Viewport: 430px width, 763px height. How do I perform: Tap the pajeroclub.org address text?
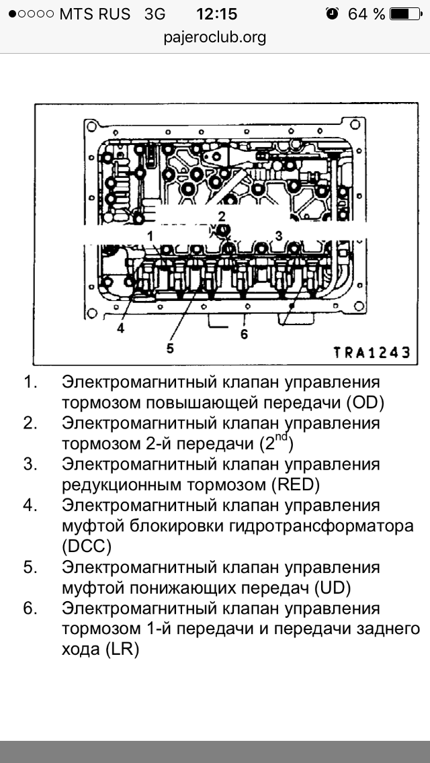215,37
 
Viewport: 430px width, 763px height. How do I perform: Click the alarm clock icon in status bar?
332,14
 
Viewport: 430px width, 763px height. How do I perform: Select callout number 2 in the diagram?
222,215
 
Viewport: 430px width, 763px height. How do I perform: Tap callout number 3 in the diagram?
277,234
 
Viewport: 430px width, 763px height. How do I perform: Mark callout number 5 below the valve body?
170,347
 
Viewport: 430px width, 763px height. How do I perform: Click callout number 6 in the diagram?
244,333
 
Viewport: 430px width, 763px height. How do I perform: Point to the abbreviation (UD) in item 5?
331,588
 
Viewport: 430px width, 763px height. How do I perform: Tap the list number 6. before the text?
29,609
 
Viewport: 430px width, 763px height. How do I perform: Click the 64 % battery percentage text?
367,14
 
